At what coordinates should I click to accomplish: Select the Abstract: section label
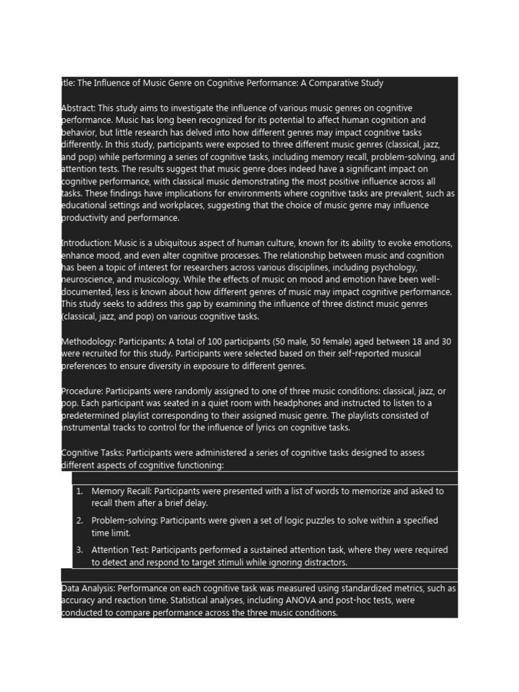(x=78, y=108)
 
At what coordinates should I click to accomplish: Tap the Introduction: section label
(x=86, y=243)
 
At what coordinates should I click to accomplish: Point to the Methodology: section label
(x=88, y=341)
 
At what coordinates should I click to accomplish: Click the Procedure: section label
(x=82, y=391)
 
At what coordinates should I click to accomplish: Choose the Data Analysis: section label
(x=88, y=589)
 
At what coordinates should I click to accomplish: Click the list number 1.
(x=79, y=491)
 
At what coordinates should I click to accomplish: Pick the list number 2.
(x=79, y=520)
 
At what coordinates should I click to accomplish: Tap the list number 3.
(x=79, y=550)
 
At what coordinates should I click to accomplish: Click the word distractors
(x=323, y=562)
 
